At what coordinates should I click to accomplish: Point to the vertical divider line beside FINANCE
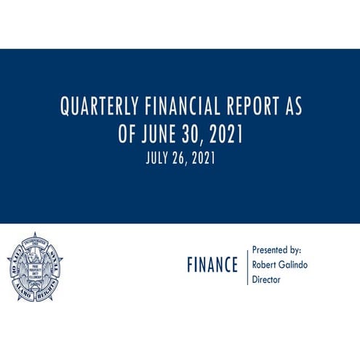click(x=247, y=265)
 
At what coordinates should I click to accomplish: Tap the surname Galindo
click(x=293, y=265)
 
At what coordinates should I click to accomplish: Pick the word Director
click(x=267, y=279)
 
